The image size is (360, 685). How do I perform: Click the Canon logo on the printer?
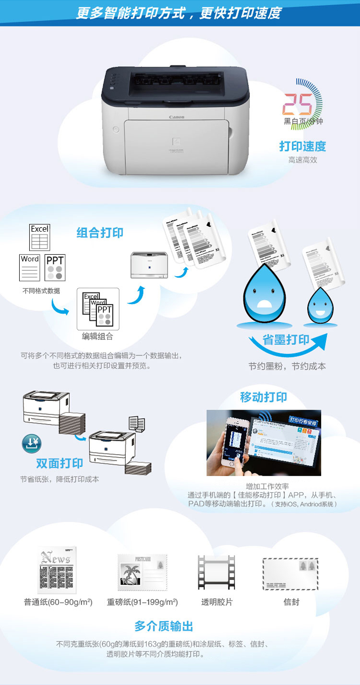click(x=176, y=117)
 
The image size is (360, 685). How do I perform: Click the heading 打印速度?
click(x=302, y=146)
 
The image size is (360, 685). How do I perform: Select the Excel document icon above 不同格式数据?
click(x=40, y=237)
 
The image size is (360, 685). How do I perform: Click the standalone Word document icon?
click(x=30, y=267)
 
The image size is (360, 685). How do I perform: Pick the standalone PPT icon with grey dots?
click(x=55, y=268)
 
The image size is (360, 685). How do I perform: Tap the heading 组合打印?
click(x=100, y=233)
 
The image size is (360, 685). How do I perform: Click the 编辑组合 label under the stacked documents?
click(x=97, y=336)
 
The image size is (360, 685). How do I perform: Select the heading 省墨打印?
click(x=286, y=340)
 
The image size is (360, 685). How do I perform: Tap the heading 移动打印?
click(x=264, y=397)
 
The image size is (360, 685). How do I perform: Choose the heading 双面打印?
click(x=60, y=463)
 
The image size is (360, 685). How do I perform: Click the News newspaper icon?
click(x=57, y=570)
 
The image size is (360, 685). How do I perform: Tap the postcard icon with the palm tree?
click(x=142, y=572)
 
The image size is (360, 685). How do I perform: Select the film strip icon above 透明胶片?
click(x=216, y=572)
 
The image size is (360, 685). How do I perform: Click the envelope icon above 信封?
click(x=290, y=573)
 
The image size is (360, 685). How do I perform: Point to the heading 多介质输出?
click(x=164, y=626)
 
